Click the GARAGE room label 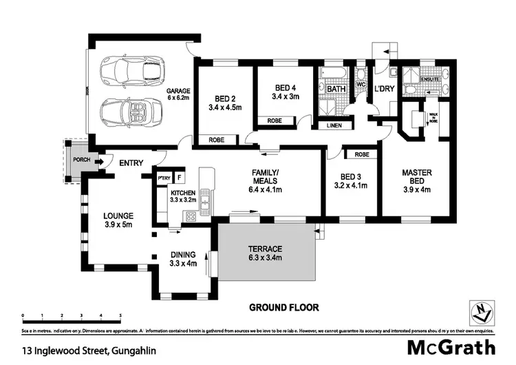178,90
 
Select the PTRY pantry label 164,178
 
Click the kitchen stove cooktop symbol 190,216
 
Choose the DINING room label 183,253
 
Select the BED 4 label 284,87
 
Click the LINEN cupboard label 333,125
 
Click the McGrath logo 451,347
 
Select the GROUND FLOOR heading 283,307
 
